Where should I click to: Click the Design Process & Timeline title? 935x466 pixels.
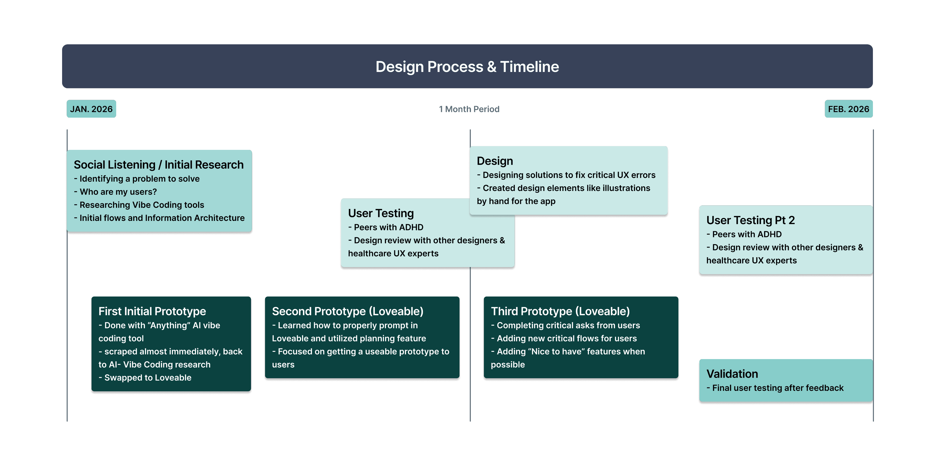(x=467, y=67)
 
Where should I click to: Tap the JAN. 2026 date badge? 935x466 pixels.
(x=91, y=109)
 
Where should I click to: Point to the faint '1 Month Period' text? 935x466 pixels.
(x=469, y=109)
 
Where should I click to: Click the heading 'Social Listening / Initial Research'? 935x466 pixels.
(x=159, y=164)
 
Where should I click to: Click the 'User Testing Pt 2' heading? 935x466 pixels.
(x=750, y=220)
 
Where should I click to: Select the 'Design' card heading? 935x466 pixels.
(x=495, y=161)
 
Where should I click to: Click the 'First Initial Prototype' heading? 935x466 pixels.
(x=152, y=311)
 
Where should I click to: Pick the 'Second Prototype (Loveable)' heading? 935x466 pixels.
(x=347, y=311)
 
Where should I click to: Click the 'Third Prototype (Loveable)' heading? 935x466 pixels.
(x=560, y=311)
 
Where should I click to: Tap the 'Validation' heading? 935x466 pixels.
(x=732, y=374)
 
